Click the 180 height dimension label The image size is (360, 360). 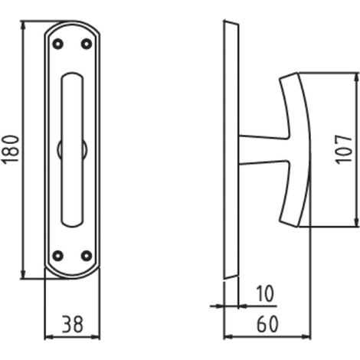click(x=10, y=149)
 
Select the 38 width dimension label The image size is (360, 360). click(x=73, y=324)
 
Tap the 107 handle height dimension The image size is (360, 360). click(x=344, y=149)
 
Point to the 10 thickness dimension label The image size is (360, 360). click(x=265, y=293)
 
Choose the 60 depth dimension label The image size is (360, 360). click(x=267, y=324)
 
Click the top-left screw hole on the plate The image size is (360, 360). click(x=58, y=44)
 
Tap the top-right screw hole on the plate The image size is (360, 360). click(x=87, y=44)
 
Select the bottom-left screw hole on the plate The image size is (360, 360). click(x=58, y=256)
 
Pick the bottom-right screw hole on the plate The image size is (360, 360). click(x=87, y=256)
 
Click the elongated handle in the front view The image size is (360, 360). click(x=72, y=149)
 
